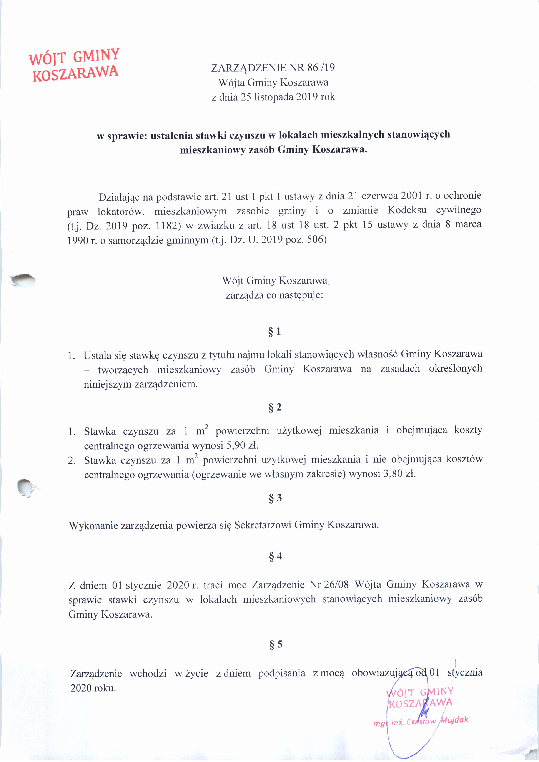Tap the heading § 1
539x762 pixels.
[274, 331]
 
